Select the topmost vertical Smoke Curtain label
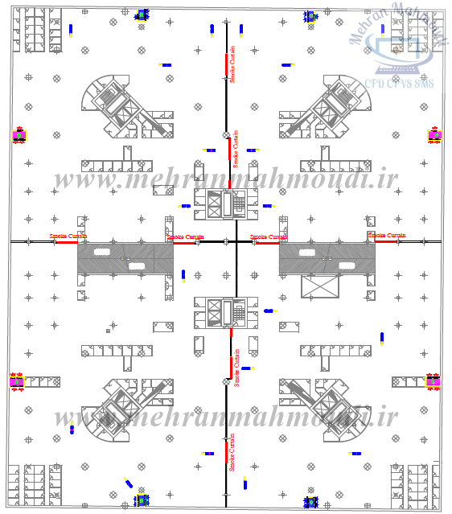[x=233, y=68]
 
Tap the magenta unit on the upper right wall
[x=435, y=135]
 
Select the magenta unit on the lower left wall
[x=17, y=381]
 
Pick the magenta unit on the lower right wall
[x=434, y=381]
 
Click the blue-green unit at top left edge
[x=142, y=14]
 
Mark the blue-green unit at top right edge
[x=310, y=16]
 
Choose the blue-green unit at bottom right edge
[x=310, y=503]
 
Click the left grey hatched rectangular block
[x=125, y=261]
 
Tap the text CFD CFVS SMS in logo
[x=399, y=82]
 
